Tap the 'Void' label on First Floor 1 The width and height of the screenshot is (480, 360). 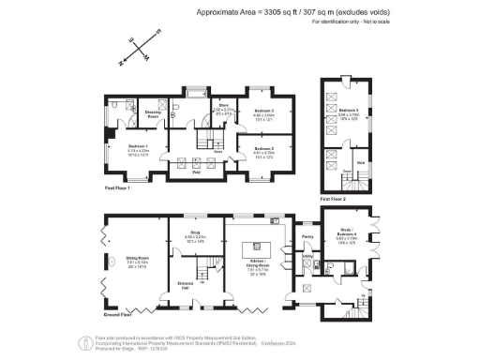[x=195, y=172]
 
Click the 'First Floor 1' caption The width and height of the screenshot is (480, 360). [x=116, y=189]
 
